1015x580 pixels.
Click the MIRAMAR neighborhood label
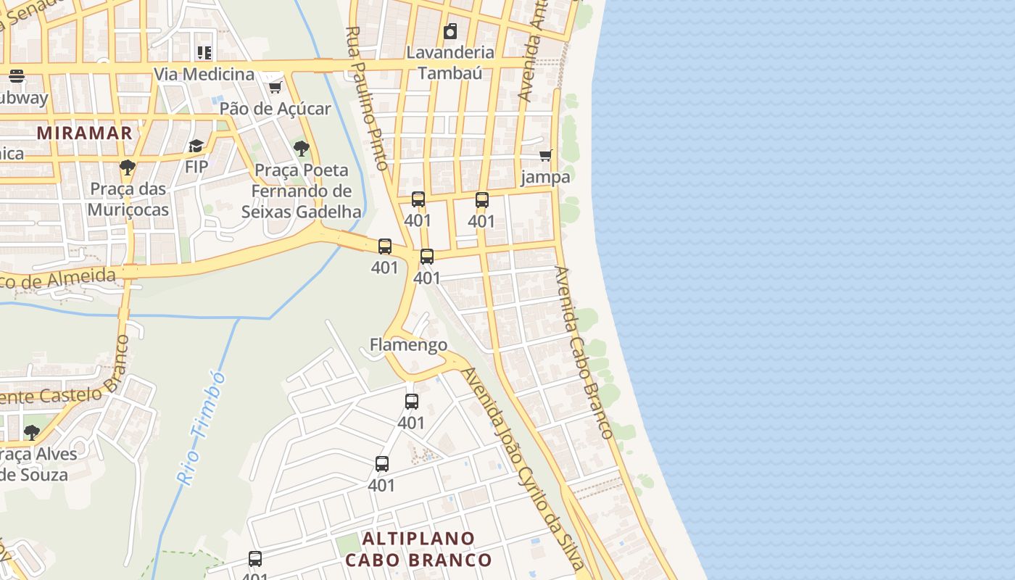tap(85, 133)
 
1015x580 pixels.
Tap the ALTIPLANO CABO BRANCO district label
tap(418, 550)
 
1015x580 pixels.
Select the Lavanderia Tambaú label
tap(450, 62)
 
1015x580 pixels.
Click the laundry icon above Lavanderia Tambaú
tap(450, 31)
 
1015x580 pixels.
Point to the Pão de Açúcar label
tap(275, 109)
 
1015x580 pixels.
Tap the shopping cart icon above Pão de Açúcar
tap(275, 87)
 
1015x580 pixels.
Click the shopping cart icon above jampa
tap(546, 155)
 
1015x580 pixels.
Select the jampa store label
tap(546, 177)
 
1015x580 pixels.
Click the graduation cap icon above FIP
tap(196, 146)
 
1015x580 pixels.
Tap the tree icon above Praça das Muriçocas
tap(128, 167)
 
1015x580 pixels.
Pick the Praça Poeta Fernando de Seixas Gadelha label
tap(301, 191)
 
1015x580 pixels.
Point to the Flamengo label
tap(408, 344)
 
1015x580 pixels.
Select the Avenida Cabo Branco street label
tap(584, 352)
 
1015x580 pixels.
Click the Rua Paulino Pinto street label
tap(368, 98)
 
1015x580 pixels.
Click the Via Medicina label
tap(204, 74)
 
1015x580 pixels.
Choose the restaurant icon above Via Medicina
tap(204, 52)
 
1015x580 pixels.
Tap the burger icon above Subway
tap(17, 76)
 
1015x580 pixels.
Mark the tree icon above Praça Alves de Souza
tap(31, 433)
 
